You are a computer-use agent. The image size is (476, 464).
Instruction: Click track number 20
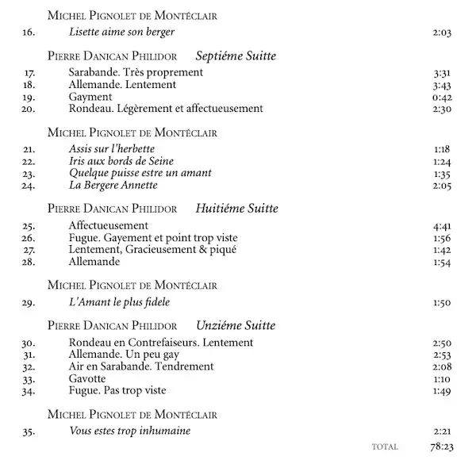coord(29,109)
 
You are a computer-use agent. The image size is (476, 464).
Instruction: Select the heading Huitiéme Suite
coord(236,209)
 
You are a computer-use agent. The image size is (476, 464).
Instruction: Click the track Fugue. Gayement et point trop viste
coord(153,237)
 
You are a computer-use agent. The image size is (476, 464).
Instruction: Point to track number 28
coord(29,262)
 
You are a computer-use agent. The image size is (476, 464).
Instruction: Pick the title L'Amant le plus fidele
coord(120,302)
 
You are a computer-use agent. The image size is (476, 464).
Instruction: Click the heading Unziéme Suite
coord(236,325)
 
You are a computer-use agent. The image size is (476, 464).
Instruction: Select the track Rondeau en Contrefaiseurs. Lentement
coord(161,342)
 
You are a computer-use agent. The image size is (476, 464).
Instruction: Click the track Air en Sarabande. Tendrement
coord(141,366)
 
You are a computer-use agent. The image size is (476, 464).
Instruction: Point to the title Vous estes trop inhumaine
coord(129,431)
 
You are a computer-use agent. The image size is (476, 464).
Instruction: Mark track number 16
coord(29,32)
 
